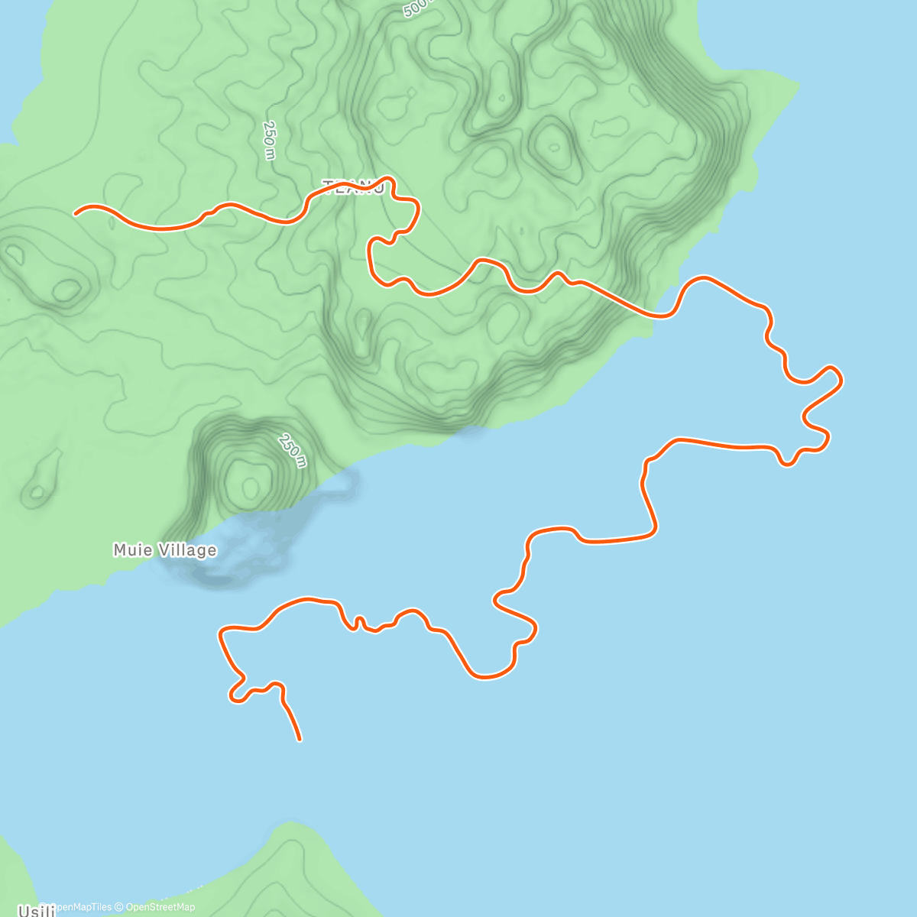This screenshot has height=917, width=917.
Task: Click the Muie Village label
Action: (x=164, y=550)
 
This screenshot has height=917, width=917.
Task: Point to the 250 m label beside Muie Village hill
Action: (x=293, y=450)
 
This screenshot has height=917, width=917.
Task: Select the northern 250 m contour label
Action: (x=268, y=140)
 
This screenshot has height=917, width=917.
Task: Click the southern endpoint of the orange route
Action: (x=300, y=739)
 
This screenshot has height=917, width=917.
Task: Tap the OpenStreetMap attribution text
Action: (x=160, y=907)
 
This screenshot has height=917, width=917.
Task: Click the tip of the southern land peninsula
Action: (x=290, y=825)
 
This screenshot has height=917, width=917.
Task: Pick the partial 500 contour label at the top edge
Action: (x=417, y=8)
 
